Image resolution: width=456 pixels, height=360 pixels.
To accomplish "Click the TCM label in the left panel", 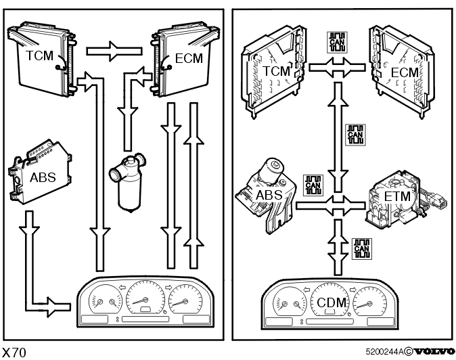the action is click(x=39, y=55).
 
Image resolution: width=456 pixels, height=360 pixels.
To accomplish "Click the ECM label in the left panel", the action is click(x=189, y=58).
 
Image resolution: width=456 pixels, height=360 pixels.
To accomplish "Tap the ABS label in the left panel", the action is click(x=43, y=177).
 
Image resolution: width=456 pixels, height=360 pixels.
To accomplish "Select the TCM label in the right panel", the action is click(x=277, y=71).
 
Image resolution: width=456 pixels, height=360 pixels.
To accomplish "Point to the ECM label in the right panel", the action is click(x=405, y=72).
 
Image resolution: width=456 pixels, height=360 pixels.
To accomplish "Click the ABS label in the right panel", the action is click(x=269, y=195).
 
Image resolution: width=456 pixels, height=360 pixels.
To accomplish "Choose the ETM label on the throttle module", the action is click(x=397, y=196).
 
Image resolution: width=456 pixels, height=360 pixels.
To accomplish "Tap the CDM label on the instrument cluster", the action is click(x=332, y=302).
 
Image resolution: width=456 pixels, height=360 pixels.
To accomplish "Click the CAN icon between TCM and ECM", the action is click(x=337, y=43).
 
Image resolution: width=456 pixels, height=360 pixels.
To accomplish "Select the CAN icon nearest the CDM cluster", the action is click(x=362, y=249).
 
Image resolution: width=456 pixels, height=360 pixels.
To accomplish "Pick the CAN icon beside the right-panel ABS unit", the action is click(x=313, y=185).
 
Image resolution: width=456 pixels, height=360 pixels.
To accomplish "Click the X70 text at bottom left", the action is click(x=14, y=353).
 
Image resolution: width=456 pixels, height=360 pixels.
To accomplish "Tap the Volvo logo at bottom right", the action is click(x=435, y=352).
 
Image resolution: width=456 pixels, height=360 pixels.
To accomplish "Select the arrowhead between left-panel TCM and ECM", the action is click(x=114, y=51).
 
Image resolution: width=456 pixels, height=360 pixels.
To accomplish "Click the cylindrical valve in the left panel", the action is click(x=128, y=183).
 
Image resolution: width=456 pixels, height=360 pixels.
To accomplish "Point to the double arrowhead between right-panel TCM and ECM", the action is click(x=337, y=68).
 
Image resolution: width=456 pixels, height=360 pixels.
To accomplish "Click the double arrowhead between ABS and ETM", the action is click(x=337, y=206).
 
